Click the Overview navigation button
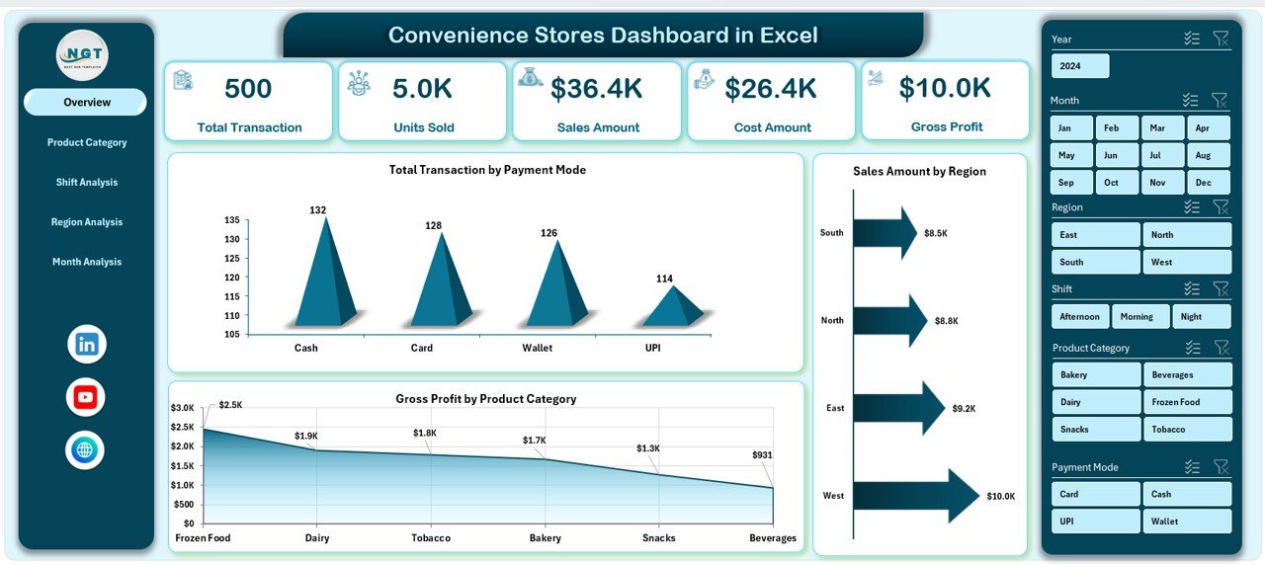[x=86, y=103]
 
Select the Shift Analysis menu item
[x=87, y=183]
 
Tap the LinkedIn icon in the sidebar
[x=86, y=345]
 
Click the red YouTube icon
[x=86, y=397]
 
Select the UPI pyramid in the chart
[x=673, y=308]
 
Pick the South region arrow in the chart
[x=885, y=233]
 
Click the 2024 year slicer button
[x=1080, y=66]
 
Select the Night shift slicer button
[x=1202, y=317]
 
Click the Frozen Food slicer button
[x=1188, y=402]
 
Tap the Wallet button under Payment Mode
[x=1188, y=522]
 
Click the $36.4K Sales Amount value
[x=596, y=89]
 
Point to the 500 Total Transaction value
[x=248, y=89]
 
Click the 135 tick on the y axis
[x=230, y=220]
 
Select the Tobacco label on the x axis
[x=431, y=538]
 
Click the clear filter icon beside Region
[x=1221, y=207]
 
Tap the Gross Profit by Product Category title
[x=485, y=399]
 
